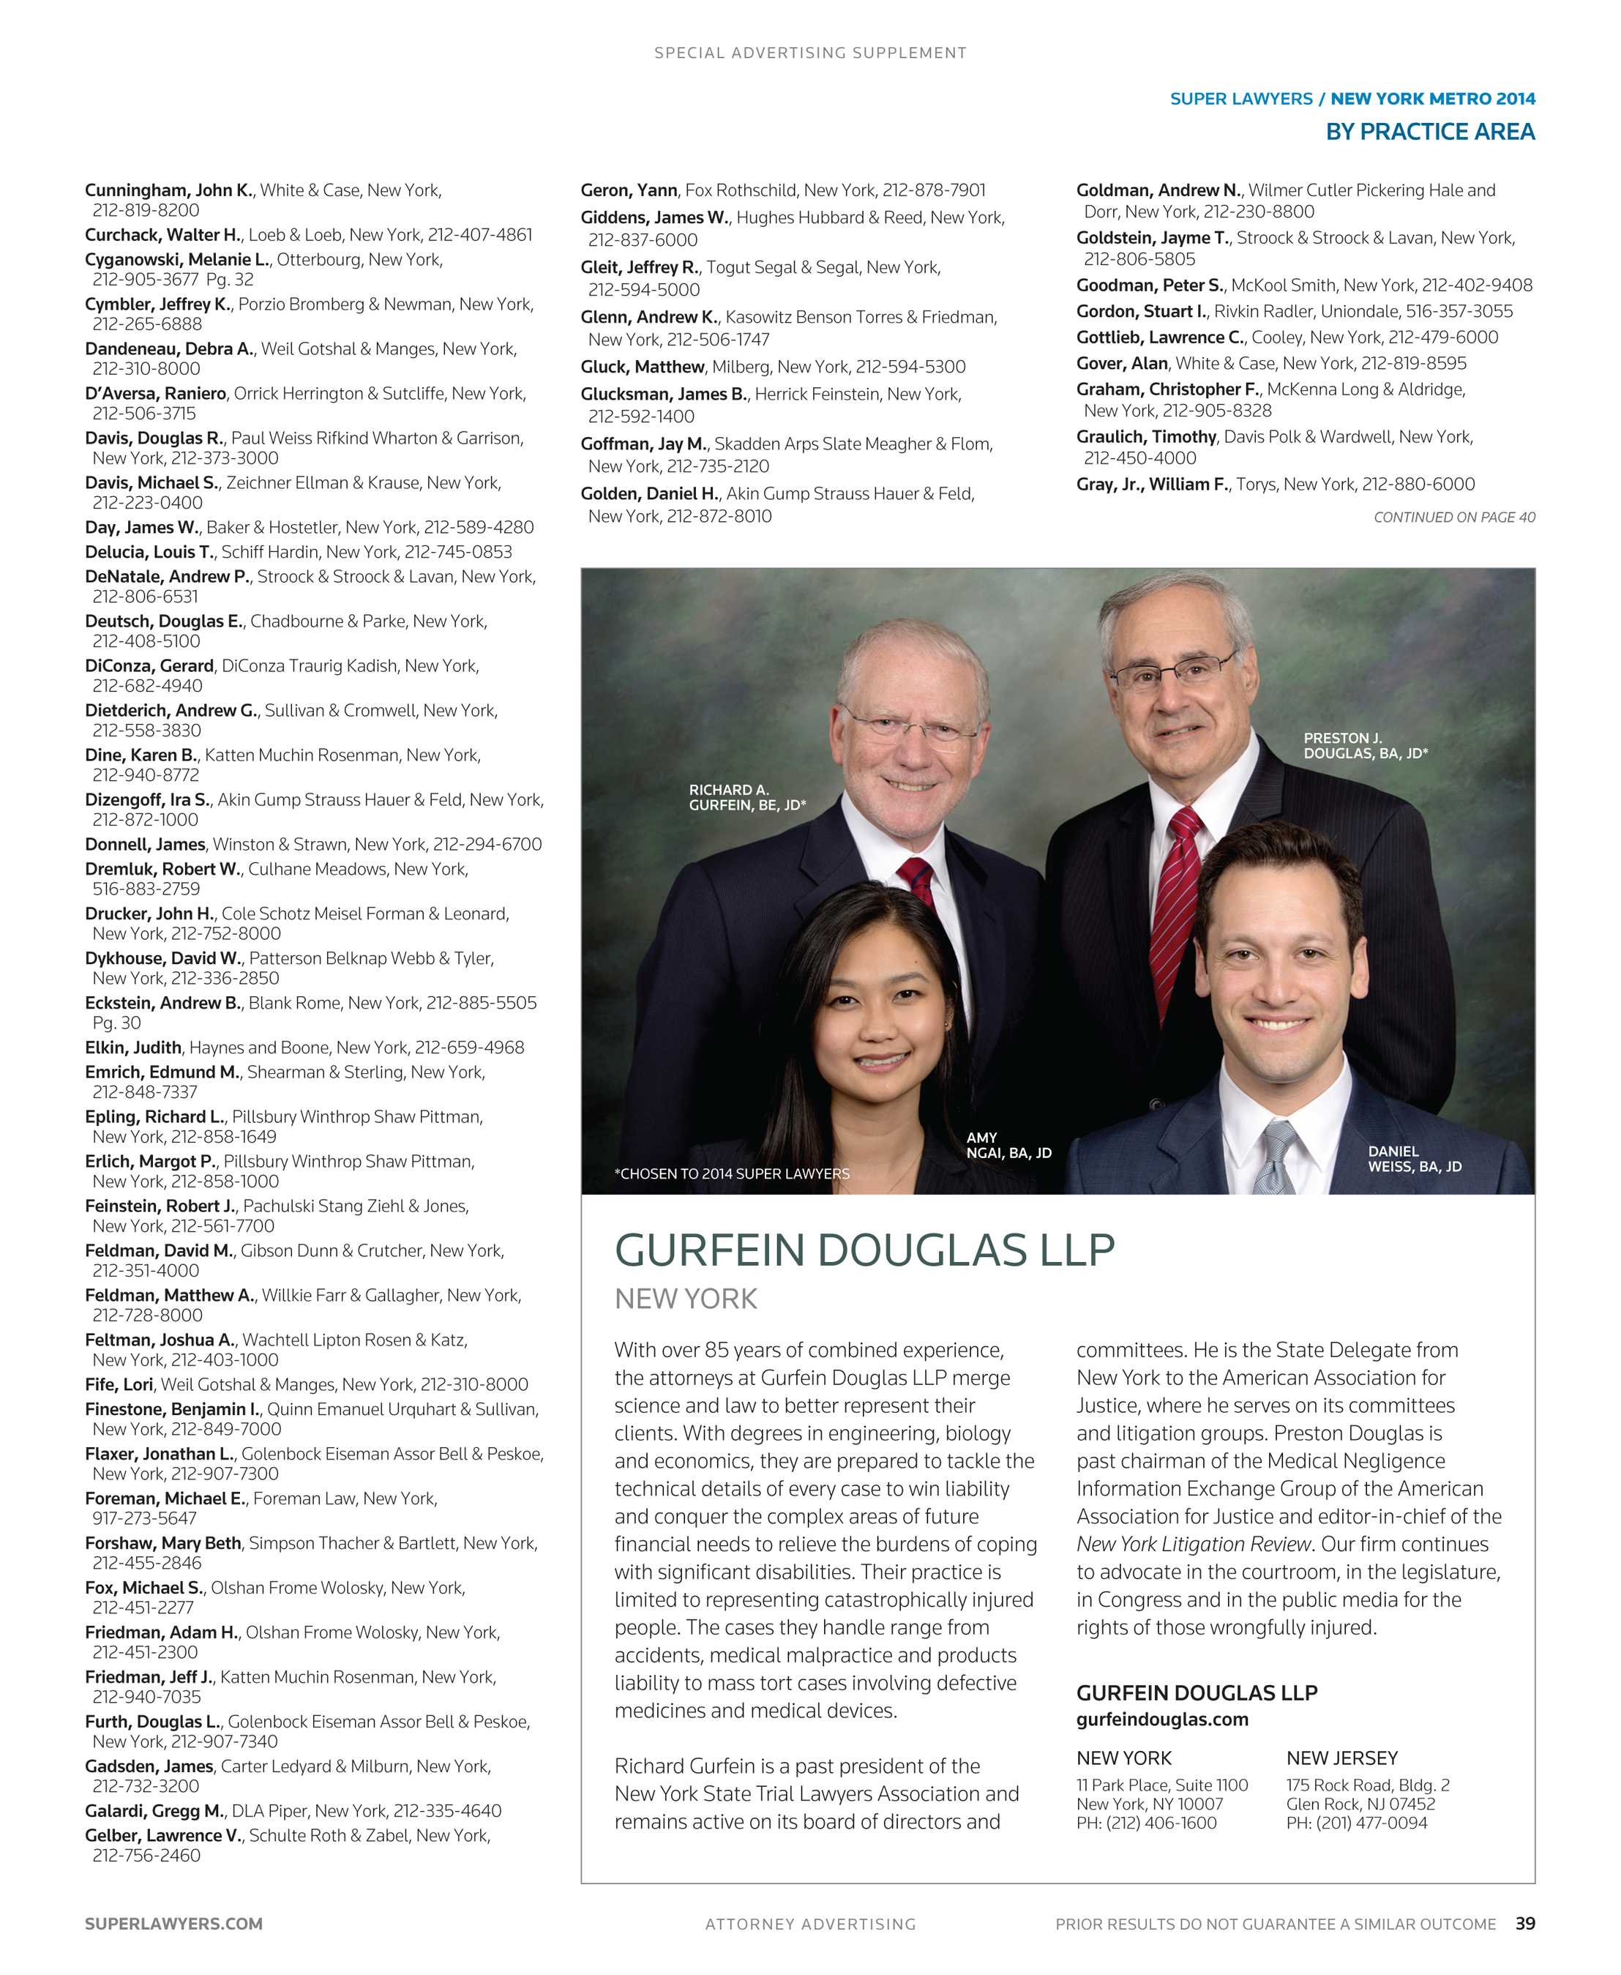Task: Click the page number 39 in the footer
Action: tap(1524, 1923)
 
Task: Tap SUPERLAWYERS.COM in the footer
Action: tap(173, 1924)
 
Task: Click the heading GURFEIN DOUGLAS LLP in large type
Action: tap(864, 1250)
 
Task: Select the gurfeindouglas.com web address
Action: tap(1161, 1719)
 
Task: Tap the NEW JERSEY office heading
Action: tap(1341, 1758)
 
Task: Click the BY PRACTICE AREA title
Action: tap(1429, 132)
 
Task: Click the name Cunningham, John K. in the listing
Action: tap(169, 190)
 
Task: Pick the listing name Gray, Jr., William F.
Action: tap(1152, 484)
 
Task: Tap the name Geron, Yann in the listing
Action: tap(629, 190)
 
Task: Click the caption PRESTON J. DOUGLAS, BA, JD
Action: tap(1365, 745)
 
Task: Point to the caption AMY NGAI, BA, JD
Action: tap(1008, 1145)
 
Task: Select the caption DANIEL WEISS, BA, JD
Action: tap(1414, 1159)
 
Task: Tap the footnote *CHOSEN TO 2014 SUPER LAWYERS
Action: tap(731, 1173)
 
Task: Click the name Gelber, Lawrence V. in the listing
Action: tap(163, 1835)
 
